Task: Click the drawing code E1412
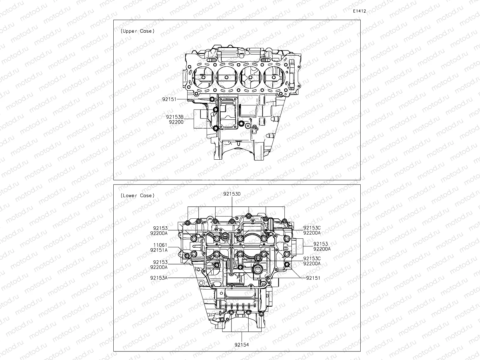tap(359, 11)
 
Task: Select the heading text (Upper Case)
tap(137, 31)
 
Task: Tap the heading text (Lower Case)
tap(137, 196)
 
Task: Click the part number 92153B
tap(175, 117)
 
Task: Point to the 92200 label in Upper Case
tap(176, 122)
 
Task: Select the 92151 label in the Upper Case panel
tap(169, 99)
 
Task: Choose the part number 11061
tap(160, 245)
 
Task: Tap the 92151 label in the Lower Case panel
tap(313, 278)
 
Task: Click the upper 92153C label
tap(312, 228)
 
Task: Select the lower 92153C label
tap(312, 259)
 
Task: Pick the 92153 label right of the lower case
tap(320, 244)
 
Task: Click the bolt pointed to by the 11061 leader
tap(187, 256)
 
